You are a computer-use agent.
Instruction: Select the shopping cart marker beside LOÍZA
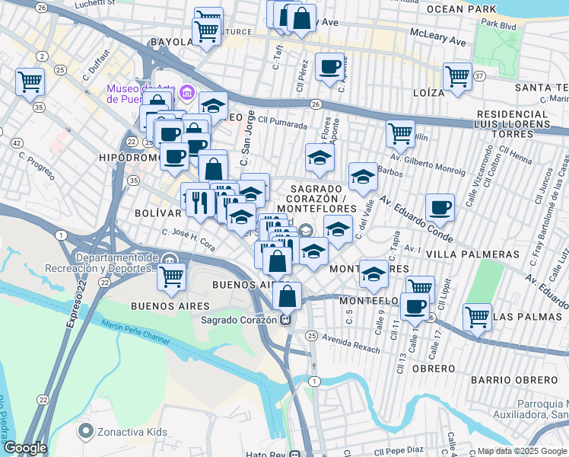pyautogui.click(x=457, y=76)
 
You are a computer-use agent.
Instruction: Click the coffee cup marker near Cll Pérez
pyautogui.click(x=329, y=67)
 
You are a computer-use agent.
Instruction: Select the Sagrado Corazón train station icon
pyautogui.click(x=285, y=320)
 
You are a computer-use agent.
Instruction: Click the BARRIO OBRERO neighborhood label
pyautogui.click(x=513, y=379)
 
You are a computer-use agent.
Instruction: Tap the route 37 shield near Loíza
pyautogui.click(x=479, y=77)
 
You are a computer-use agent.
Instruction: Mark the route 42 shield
pyautogui.click(x=17, y=142)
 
